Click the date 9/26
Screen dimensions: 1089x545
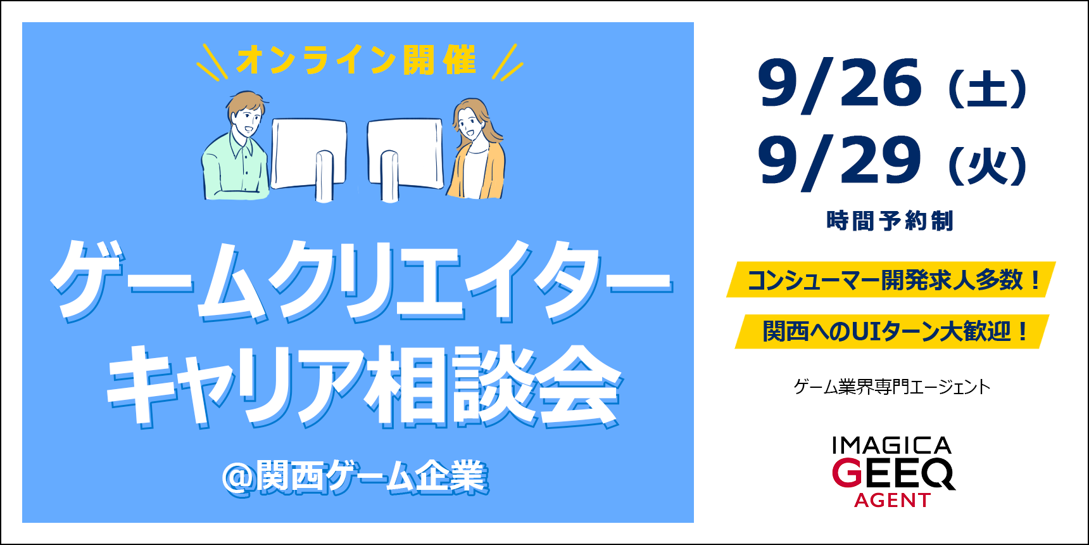click(840, 84)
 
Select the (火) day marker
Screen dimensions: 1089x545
click(988, 166)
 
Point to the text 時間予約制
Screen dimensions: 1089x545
click(890, 221)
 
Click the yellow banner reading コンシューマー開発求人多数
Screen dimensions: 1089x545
click(891, 279)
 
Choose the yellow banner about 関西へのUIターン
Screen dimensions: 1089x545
click(891, 331)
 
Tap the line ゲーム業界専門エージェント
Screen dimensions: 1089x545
click(892, 387)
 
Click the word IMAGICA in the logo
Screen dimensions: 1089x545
click(891, 446)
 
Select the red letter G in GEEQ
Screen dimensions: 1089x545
click(847, 473)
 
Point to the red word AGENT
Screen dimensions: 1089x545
click(892, 501)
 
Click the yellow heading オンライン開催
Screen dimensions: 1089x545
click(356, 60)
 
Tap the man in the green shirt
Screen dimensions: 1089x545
click(235, 147)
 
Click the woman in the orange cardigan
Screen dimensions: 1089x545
click(476, 150)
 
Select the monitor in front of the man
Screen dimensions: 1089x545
click(310, 158)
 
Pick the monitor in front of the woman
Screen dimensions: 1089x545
click(405, 159)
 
